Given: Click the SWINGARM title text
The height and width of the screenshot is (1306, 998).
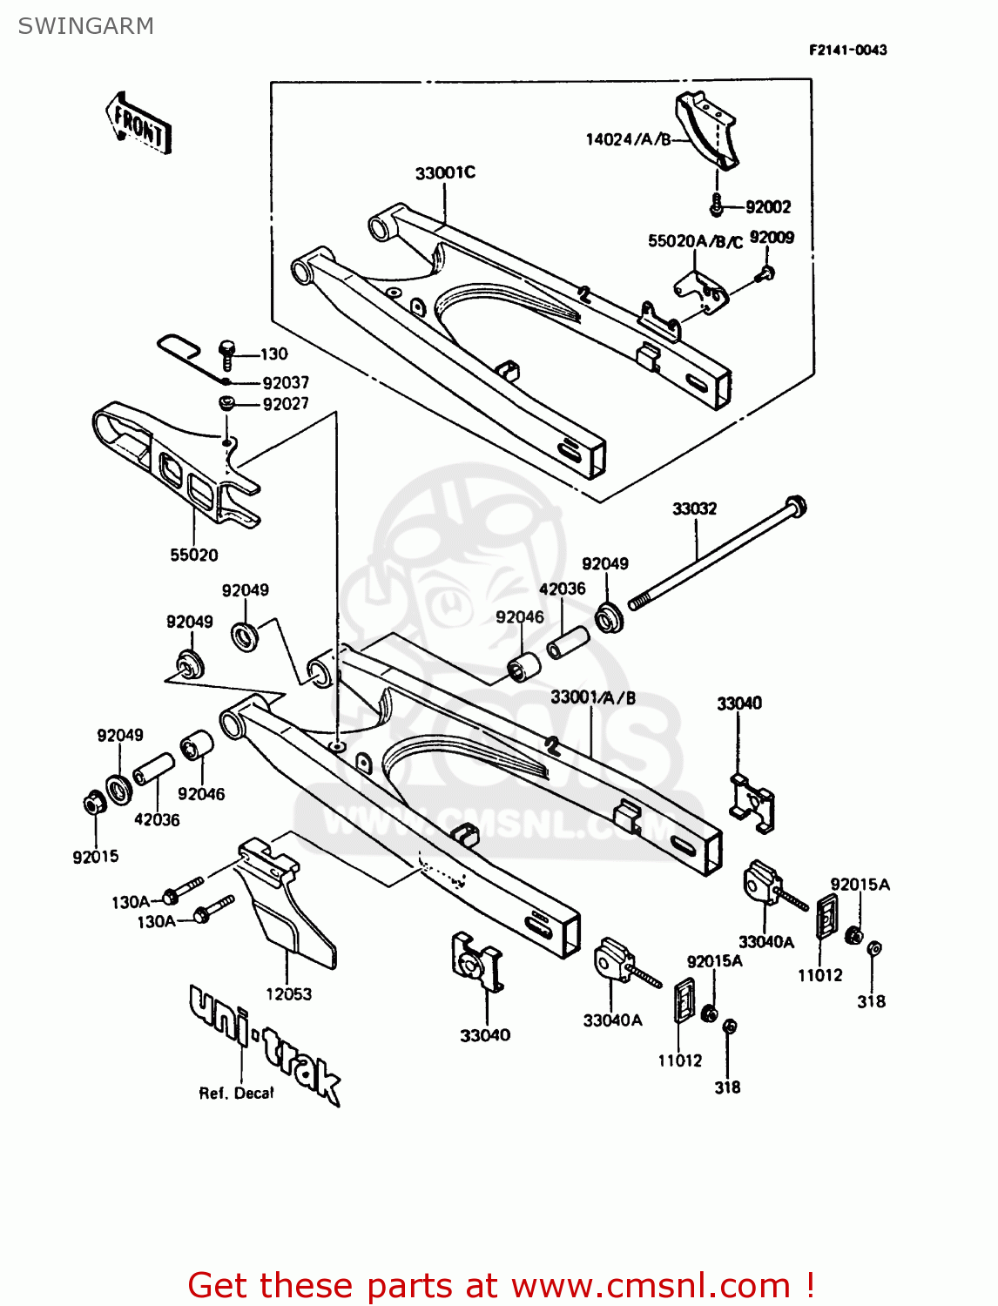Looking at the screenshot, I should tap(85, 26).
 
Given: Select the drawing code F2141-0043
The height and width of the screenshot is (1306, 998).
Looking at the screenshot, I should tap(847, 50).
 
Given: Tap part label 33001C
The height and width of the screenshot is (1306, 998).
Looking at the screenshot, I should tap(445, 172).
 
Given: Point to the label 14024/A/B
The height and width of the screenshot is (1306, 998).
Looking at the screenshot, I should tap(628, 139).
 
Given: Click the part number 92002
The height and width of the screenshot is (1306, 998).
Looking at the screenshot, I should tap(767, 207).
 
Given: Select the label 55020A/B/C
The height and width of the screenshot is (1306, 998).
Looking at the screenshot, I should tap(695, 241).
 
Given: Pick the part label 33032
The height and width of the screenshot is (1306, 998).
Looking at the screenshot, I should tap(694, 508).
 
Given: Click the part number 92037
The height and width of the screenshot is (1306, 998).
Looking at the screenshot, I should tap(286, 382).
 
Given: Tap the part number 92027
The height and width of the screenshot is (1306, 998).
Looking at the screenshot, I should tap(286, 404).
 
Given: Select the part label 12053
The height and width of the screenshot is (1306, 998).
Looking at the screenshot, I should tap(288, 993).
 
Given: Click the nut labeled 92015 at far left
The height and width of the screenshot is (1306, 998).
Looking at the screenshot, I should tap(91, 803).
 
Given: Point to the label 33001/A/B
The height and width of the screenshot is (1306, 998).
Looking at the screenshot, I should tap(593, 697).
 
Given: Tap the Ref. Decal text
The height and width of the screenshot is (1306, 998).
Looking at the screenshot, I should tap(236, 1094).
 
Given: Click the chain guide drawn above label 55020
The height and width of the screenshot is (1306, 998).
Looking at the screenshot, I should tap(174, 466).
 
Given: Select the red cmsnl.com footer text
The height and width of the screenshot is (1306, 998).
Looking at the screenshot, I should tap(501, 1285).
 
